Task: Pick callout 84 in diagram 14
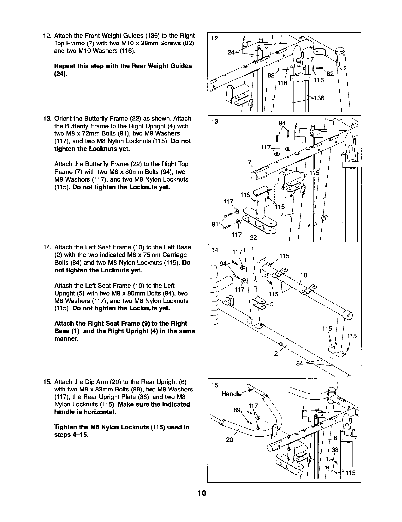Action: click(300, 363)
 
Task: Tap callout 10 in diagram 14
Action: click(304, 275)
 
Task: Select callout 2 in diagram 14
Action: click(276, 353)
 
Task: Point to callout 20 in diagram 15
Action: click(230, 440)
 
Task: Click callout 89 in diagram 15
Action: click(237, 410)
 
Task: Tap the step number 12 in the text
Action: click(47, 36)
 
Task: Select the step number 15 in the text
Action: click(47, 381)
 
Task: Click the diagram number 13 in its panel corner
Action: click(215, 121)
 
